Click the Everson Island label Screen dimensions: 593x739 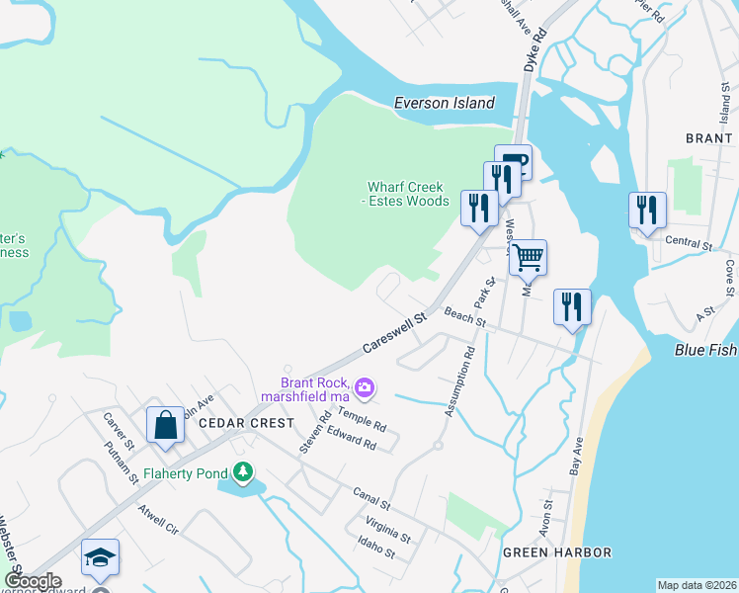tap(444, 103)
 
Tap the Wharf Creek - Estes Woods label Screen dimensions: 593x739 tap(406, 194)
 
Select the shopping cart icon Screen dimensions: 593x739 tap(528, 258)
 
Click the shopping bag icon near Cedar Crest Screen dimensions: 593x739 tap(166, 425)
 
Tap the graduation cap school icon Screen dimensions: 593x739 tap(100, 558)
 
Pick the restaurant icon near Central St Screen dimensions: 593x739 tap(647, 211)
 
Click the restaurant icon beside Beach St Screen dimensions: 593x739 tap(572, 307)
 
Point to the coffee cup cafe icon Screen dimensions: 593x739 tap(513, 162)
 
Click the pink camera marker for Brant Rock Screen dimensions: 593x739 tap(366, 387)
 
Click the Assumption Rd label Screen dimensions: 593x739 tap(458, 381)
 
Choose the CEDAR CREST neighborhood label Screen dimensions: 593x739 tap(246, 423)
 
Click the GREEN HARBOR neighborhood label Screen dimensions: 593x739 tap(556, 552)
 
